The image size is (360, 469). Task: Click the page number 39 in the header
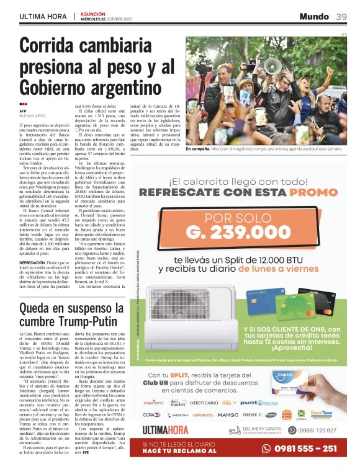coord(341,17)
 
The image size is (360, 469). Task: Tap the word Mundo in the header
coord(314,17)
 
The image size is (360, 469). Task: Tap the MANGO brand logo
coord(228,414)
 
